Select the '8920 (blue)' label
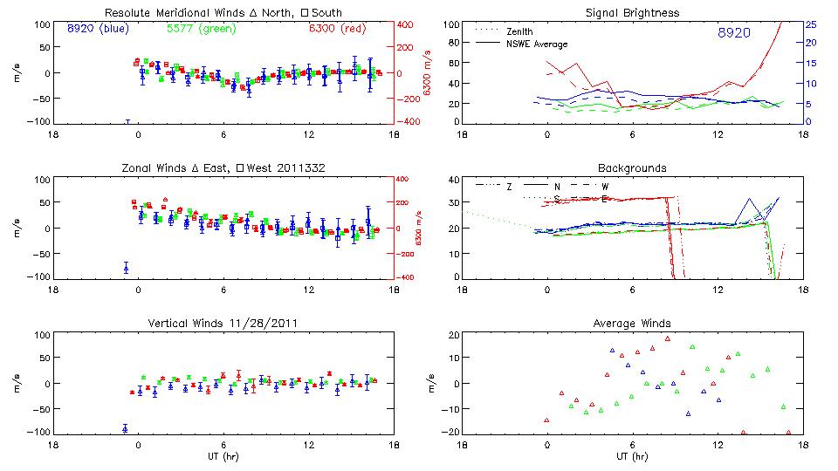98,29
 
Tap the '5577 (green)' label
199,29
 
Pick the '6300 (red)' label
336,29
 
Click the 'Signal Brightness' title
632,12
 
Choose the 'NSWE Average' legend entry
536,43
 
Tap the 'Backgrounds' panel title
632,167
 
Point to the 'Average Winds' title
632,324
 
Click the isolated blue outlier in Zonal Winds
126,268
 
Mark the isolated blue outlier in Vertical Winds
125,428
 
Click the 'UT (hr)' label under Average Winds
632,456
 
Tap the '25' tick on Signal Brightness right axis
811,24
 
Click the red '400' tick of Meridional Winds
408,24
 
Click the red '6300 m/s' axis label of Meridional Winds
428,73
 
